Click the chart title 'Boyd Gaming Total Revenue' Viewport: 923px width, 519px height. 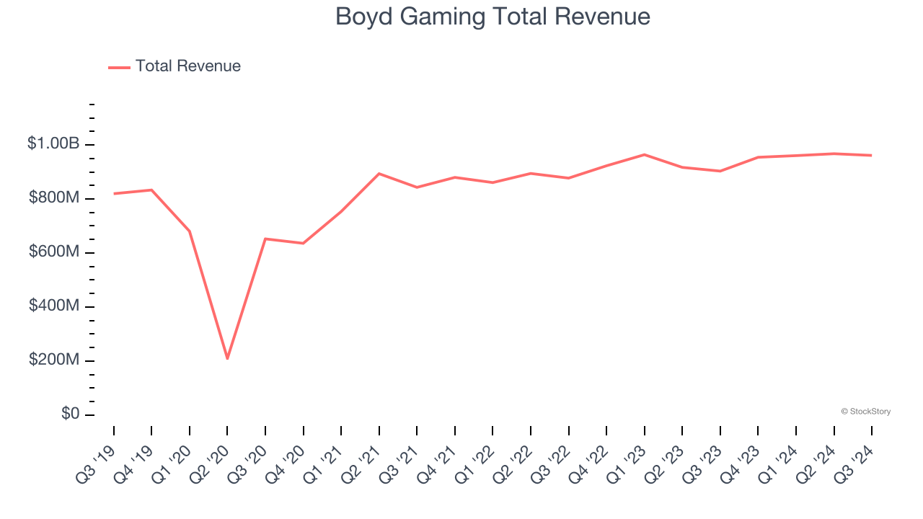point(493,17)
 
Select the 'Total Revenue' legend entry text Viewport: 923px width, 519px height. point(187,66)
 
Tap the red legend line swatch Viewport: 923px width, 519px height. point(119,67)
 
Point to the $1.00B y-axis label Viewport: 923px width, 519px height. point(53,144)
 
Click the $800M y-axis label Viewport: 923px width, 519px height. point(54,198)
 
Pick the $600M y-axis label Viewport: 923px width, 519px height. point(54,252)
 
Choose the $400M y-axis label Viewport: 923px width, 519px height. point(54,306)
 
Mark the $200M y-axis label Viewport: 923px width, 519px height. point(54,360)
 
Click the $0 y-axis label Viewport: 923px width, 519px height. point(69,414)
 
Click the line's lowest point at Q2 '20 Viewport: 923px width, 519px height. point(227,358)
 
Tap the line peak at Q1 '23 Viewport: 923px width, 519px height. point(644,154)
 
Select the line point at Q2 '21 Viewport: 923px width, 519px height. point(379,174)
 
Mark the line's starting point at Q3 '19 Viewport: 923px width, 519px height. point(114,193)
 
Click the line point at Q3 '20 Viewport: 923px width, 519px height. point(265,239)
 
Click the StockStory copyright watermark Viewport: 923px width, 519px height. point(865,412)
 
